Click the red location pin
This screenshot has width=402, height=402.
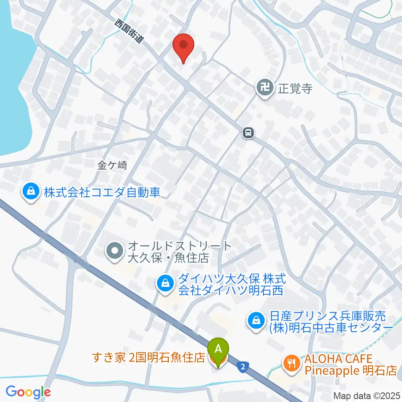(183, 45)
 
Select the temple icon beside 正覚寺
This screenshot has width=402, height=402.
(264, 88)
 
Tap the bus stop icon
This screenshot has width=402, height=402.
(248, 133)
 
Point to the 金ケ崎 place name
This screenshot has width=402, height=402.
(112, 165)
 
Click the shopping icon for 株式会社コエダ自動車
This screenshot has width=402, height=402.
(31, 192)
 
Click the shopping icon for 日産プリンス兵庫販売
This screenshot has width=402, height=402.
(255, 321)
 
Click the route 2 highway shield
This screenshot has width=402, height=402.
(242, 367)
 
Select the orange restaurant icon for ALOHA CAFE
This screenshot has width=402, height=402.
(291, 363)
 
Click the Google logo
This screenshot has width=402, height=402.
(28, 392)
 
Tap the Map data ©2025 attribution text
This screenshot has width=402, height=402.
(366, 396)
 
